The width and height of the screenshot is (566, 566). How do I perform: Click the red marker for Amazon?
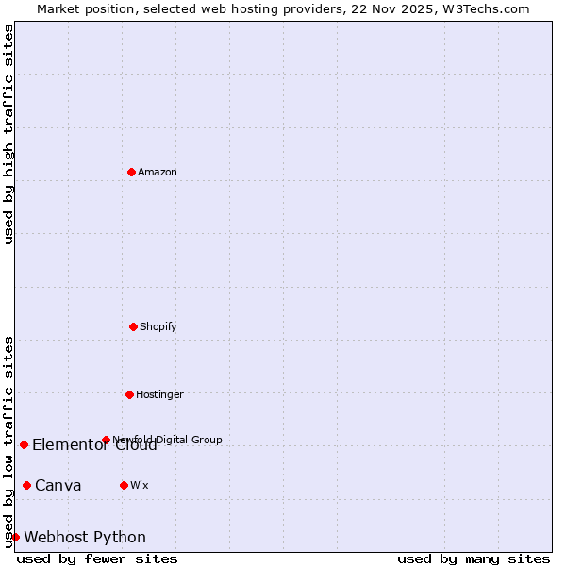click(x=131, y=172)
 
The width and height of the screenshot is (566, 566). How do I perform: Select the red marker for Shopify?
click(x=133, y=326)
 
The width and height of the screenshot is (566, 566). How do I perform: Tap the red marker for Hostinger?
click(x=129, y=394)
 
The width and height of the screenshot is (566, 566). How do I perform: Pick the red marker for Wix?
click(x=124, y=485)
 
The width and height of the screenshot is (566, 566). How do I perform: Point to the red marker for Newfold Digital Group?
click(x=106, y=440)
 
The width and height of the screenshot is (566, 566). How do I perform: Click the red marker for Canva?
click(x=26, y=485)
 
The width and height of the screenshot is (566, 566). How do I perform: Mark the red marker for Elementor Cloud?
click(x=24, y=444)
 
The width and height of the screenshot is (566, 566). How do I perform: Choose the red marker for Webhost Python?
click(x=15, y=537)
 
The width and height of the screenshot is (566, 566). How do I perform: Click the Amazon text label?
click(x=158, y=172)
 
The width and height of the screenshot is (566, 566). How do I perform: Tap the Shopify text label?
click(x=158, y=326)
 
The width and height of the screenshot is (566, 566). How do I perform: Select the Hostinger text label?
click(x=159, y=394)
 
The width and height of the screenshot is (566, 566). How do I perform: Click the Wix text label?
click(x=140, y=485)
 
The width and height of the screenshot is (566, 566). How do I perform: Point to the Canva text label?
click(x=58, y=485)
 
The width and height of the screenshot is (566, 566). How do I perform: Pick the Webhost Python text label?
click(x=85, y=537)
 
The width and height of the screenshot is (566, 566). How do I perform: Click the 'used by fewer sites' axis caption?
click(x=97, y=558)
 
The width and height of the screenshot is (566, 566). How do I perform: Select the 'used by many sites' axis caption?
click(x=474, y=558)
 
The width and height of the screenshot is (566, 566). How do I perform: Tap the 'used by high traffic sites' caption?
click(x=8, y=134)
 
